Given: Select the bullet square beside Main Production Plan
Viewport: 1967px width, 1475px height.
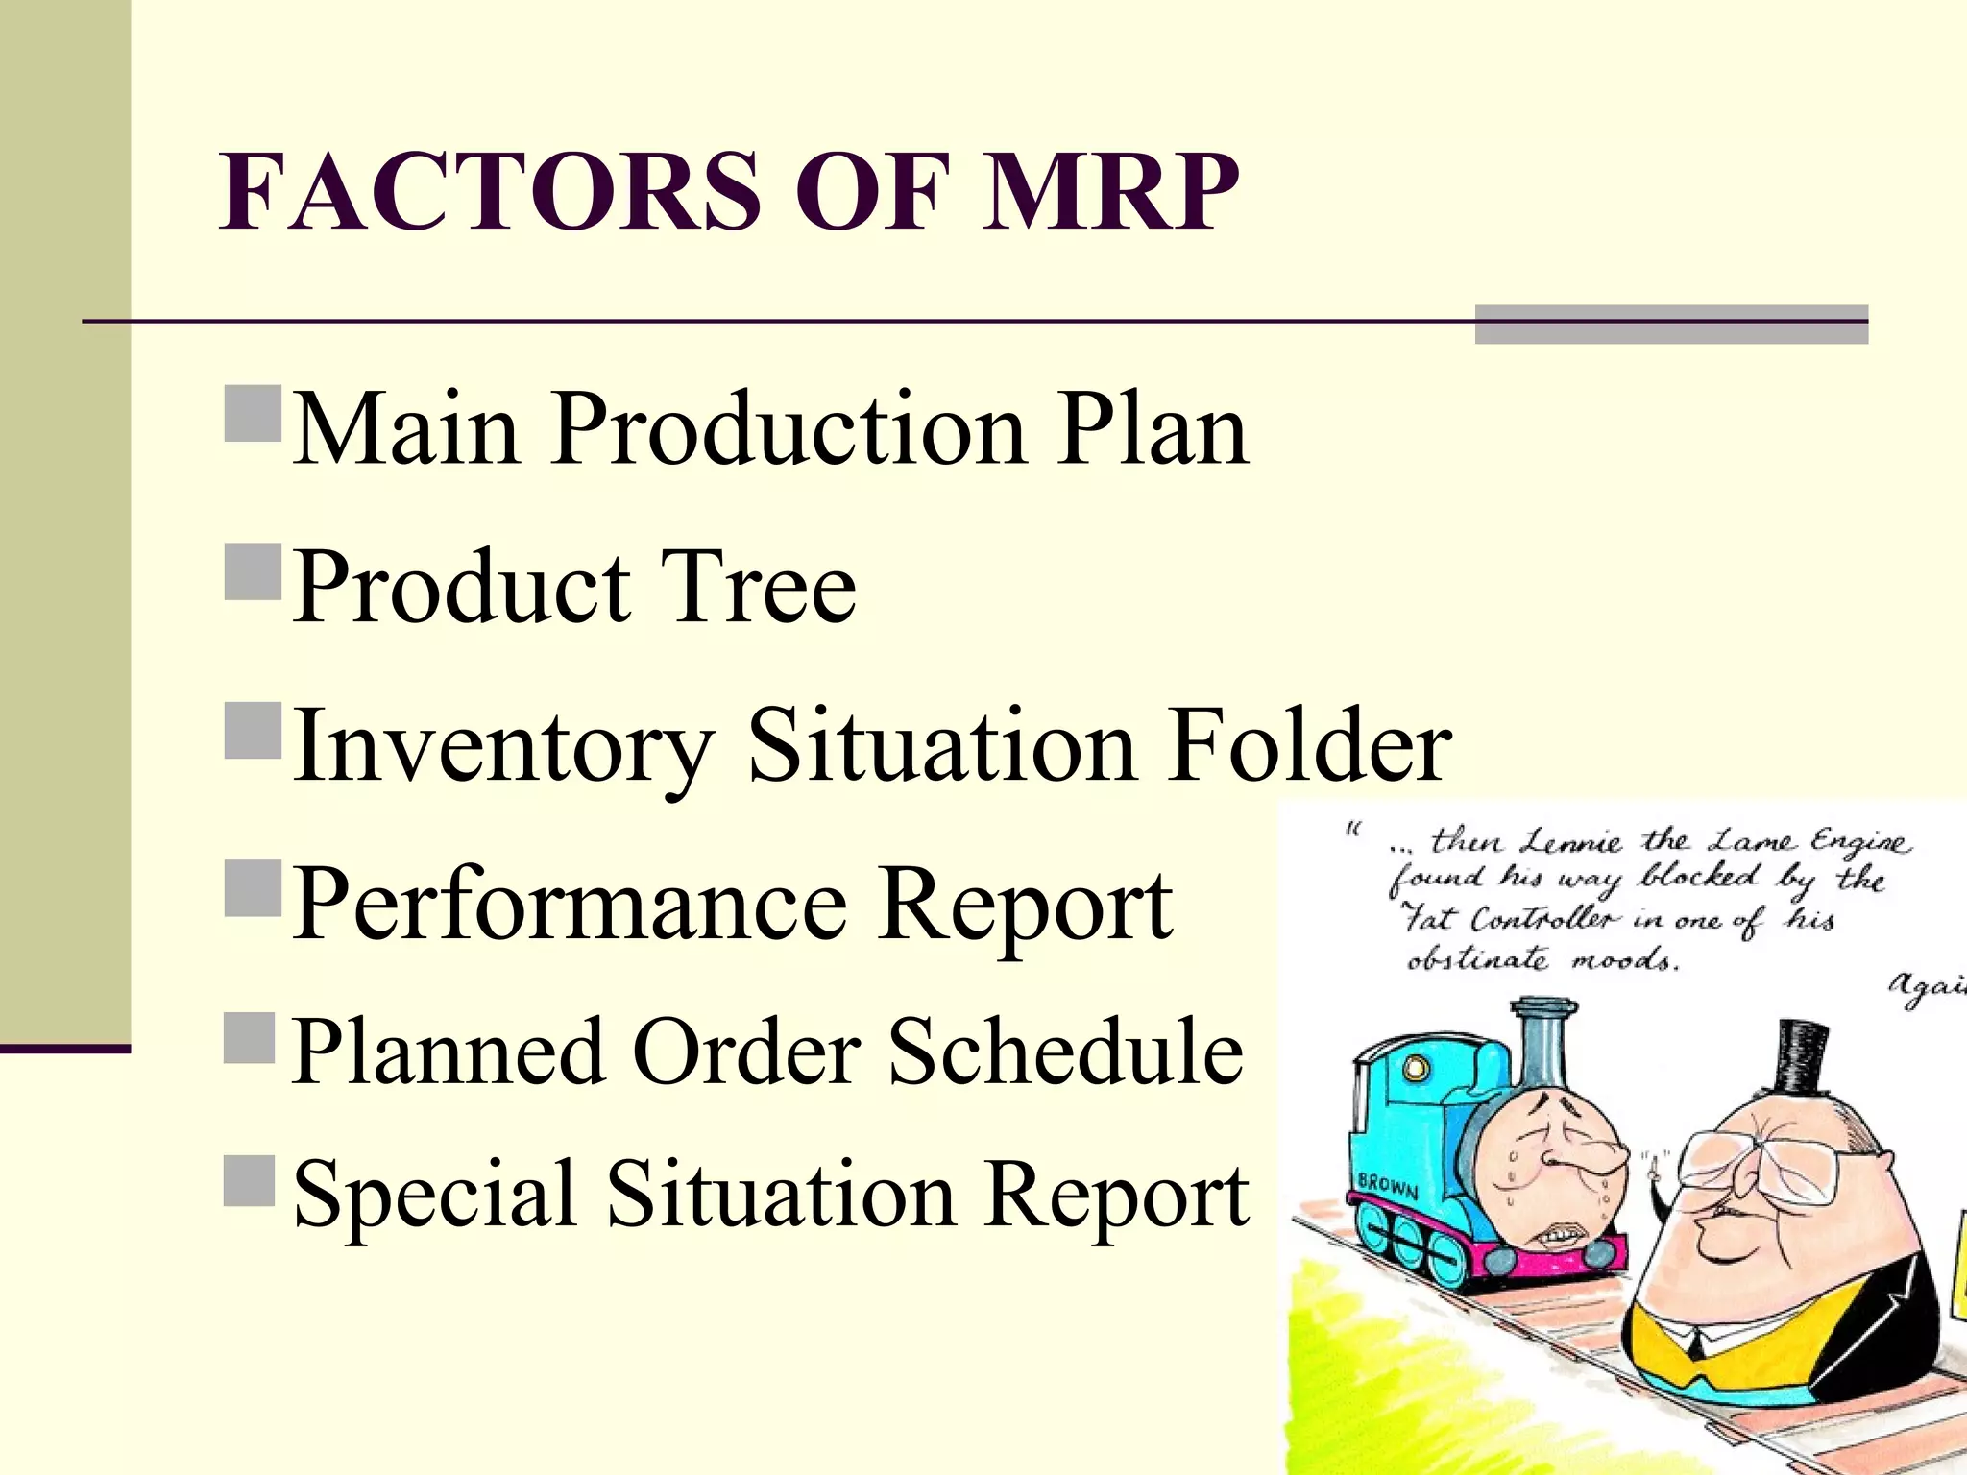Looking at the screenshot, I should [x=253, y=413].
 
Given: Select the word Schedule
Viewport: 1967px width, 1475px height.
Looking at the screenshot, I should [x=1065, y=1052].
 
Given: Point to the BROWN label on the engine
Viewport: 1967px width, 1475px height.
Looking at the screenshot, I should [x=1387, y=1188].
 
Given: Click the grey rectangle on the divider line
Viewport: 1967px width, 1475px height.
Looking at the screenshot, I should [x=1670, y=325].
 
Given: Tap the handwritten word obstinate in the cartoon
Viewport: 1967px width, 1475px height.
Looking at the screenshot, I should [x=1477, y=959].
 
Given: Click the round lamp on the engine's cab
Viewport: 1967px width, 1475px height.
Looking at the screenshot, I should [x=1417, y=1067].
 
